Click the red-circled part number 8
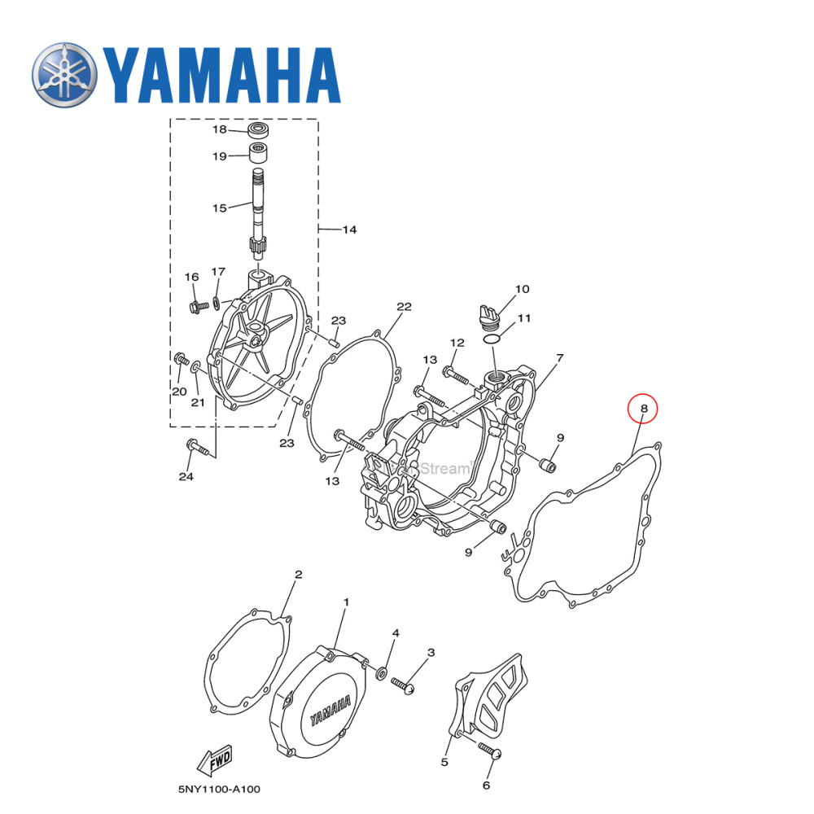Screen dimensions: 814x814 point(643,409)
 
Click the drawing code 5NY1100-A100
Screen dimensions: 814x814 point(219,789)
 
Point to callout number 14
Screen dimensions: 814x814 point(348,230)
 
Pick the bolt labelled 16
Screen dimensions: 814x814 point(197,307)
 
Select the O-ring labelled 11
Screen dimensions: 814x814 point(492,336)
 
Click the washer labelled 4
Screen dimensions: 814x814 point(381,672)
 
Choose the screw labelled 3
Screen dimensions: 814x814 point(405,685)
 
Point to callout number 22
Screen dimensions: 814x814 point(404,307)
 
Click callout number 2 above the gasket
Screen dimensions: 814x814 point(298,574)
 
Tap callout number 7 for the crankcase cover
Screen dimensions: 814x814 point(560,357)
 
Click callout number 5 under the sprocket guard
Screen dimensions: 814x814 point(444,763)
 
